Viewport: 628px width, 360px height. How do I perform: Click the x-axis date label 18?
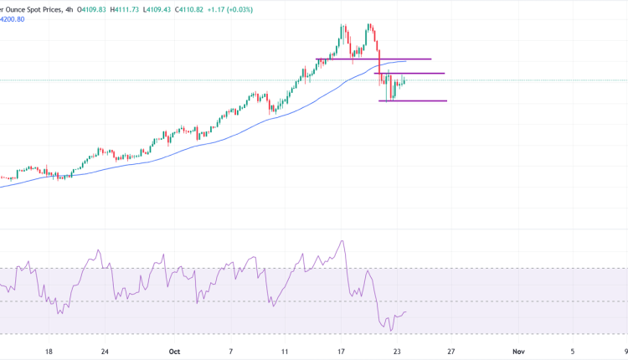[49, 352]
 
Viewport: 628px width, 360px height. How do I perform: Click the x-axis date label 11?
[285, 352]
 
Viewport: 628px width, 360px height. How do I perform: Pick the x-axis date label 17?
[342, 352]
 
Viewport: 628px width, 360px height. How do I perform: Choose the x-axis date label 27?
[451, 352]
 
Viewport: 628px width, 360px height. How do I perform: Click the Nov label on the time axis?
[517, 352]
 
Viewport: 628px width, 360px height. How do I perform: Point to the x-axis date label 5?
[573, 352]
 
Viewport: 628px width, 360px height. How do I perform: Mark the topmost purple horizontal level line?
[373, 59]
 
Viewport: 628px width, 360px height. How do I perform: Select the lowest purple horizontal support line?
[413, 101]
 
